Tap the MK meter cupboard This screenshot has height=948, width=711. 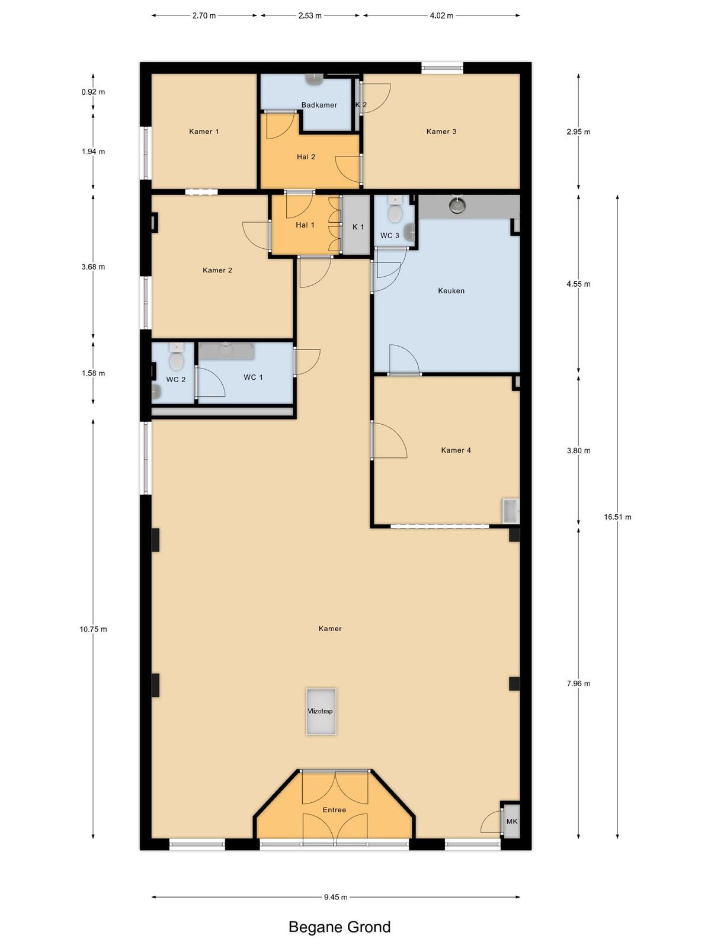[x=511, y=821]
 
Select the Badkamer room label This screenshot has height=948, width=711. [x=319, y=105]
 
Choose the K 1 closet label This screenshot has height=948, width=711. [x=358, y=227]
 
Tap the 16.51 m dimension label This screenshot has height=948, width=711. [x=617, y=517]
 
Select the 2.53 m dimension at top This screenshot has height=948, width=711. [x=310, y=16]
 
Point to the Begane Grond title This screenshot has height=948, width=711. [x=340, y=927]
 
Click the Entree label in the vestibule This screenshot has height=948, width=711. [x=335, y=810]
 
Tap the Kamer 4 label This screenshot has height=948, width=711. [x=456, y=450]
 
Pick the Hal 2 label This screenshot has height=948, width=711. [x=306, y=157]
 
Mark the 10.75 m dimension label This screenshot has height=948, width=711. [x=93, y=629]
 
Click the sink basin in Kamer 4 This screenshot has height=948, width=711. [x=510, y=511]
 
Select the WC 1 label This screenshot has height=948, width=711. [x=253, y=377]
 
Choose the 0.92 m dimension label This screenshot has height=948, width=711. [x=93, y=92]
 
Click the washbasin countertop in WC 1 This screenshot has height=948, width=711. [x=226, y=351]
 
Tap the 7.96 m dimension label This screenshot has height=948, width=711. [x=578, y=683]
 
